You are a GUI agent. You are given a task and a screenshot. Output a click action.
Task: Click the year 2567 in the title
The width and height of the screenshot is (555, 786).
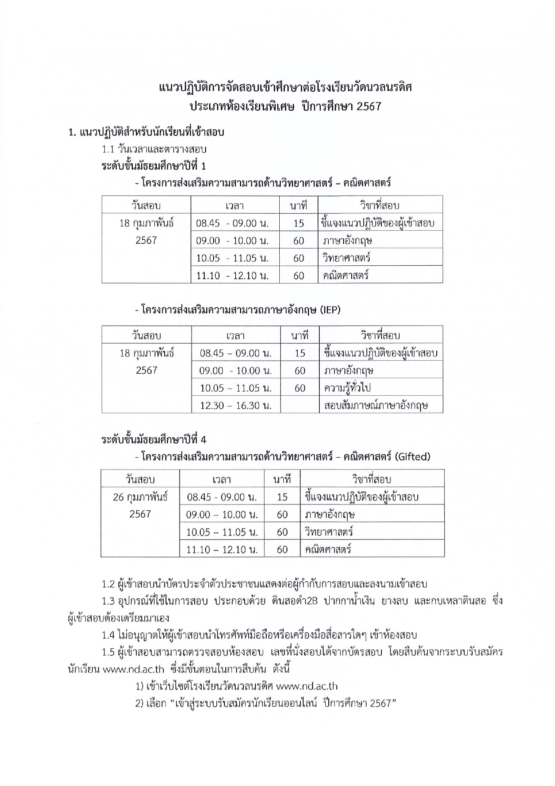367,107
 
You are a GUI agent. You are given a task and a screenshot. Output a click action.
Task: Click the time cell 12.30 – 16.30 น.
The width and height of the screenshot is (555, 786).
236,405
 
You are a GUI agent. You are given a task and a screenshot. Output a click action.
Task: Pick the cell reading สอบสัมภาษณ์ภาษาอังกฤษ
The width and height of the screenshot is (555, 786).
376,405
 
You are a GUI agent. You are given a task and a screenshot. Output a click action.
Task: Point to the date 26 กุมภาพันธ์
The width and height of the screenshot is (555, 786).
140,497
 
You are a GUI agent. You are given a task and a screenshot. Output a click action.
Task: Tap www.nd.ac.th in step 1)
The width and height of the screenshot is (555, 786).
306,687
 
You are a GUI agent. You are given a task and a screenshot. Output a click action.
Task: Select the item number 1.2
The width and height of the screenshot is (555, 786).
108,585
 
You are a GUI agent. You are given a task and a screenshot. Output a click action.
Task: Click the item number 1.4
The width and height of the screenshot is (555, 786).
108,635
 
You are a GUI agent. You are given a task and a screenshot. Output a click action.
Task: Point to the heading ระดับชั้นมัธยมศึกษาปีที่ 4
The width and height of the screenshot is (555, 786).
154,439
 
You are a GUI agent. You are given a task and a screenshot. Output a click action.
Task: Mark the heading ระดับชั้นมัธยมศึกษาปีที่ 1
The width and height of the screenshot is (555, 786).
154,166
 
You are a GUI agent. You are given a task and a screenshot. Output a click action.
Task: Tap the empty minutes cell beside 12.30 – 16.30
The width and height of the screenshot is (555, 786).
300,405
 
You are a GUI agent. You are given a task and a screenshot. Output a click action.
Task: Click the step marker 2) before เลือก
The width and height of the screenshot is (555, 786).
139,704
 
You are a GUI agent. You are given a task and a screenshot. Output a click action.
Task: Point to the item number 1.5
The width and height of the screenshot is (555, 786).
108,652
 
